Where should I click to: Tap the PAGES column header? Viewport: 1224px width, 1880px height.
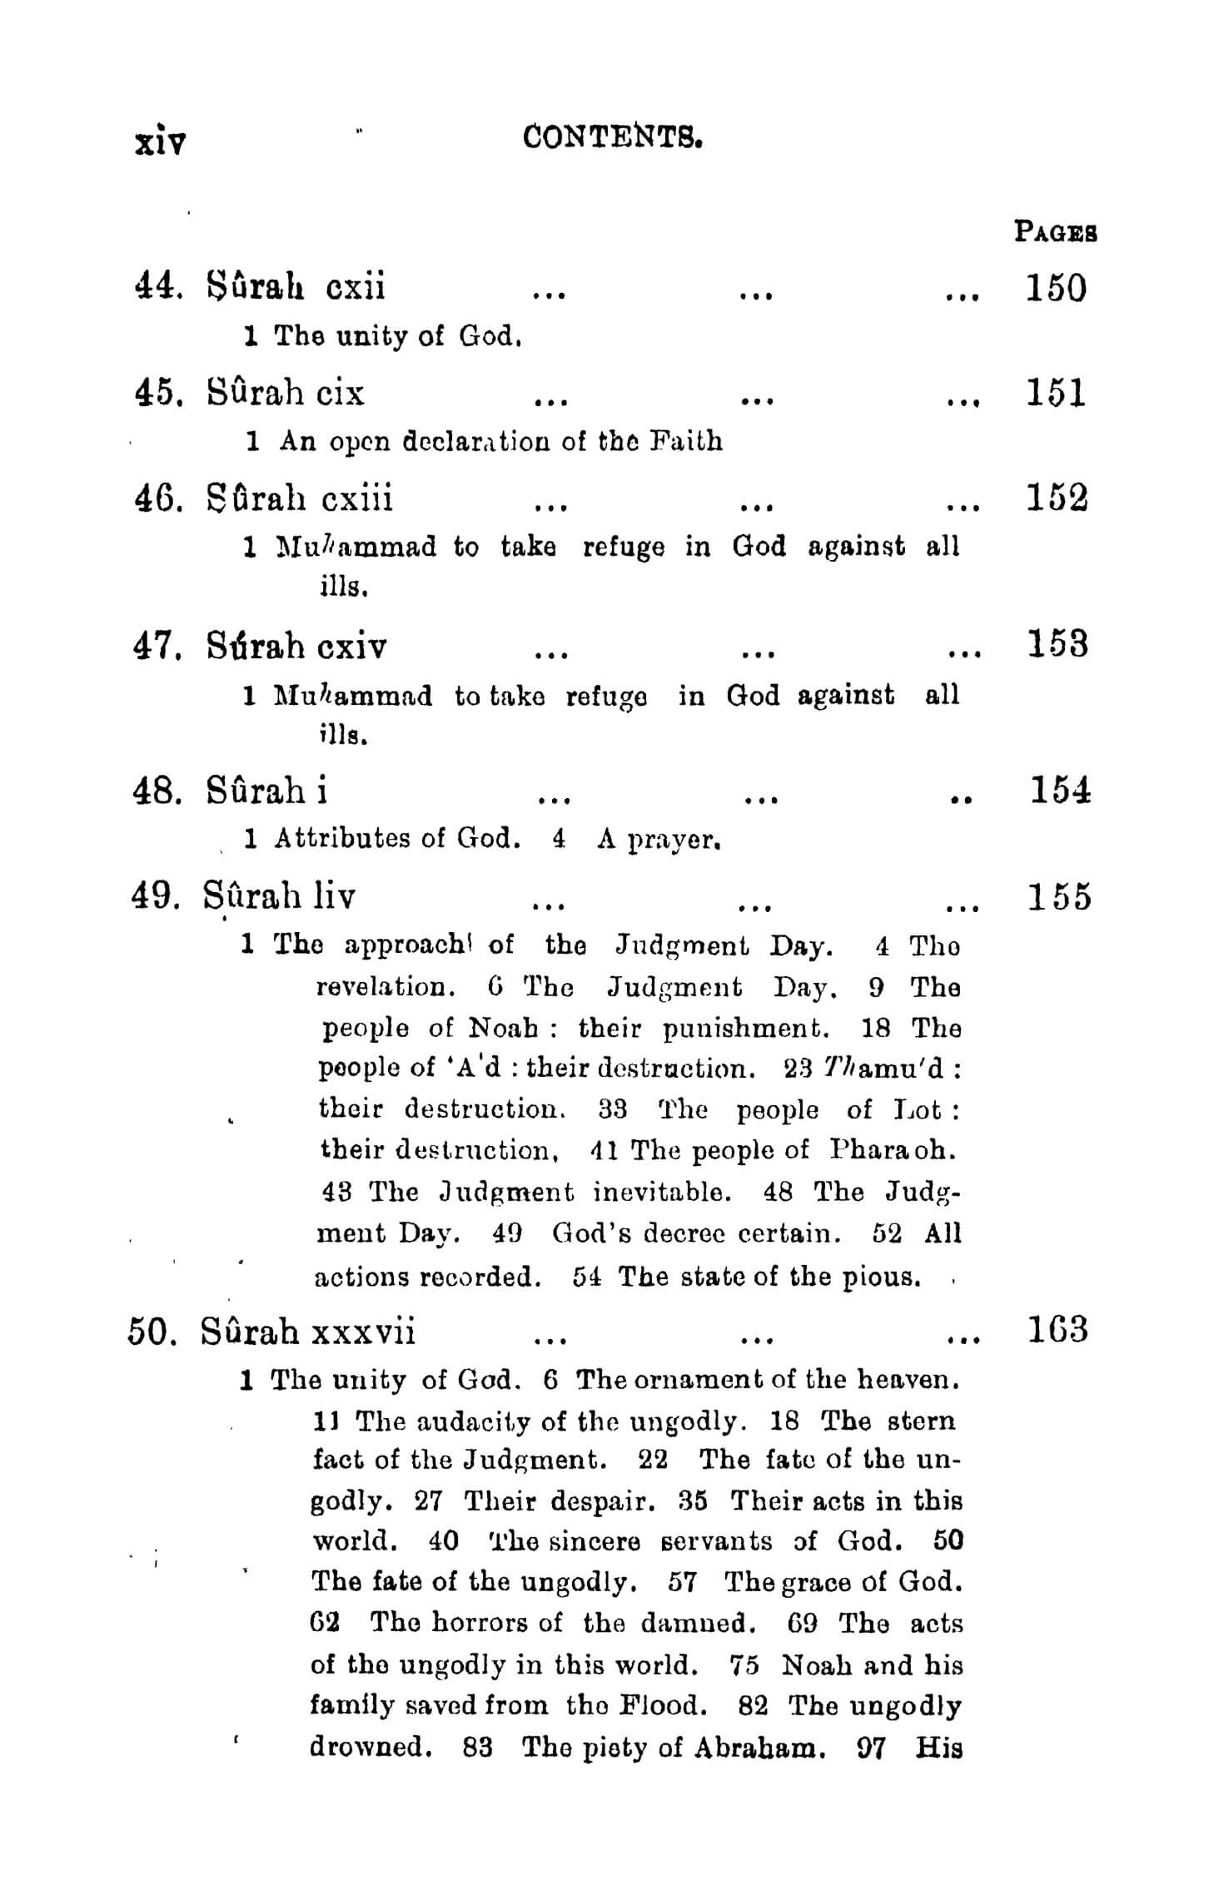click(1055, 231)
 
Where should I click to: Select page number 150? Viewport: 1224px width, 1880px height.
click(1056, 288)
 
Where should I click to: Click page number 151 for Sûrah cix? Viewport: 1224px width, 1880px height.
click(1056, 392)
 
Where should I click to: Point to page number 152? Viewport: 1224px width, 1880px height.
click(1056, 498)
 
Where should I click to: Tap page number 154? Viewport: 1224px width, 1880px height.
click(1060, 789)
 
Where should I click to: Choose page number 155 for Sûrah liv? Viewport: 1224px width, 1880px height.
click(1058, 897)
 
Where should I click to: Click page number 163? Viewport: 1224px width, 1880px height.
click(1055, 1330)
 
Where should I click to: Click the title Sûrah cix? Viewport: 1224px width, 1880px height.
click(286, 392)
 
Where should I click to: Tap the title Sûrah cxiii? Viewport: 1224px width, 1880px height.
click(300, 498)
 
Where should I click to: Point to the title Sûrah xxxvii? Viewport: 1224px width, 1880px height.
click(308, 1332)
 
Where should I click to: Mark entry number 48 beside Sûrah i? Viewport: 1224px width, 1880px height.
click(155, 790)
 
